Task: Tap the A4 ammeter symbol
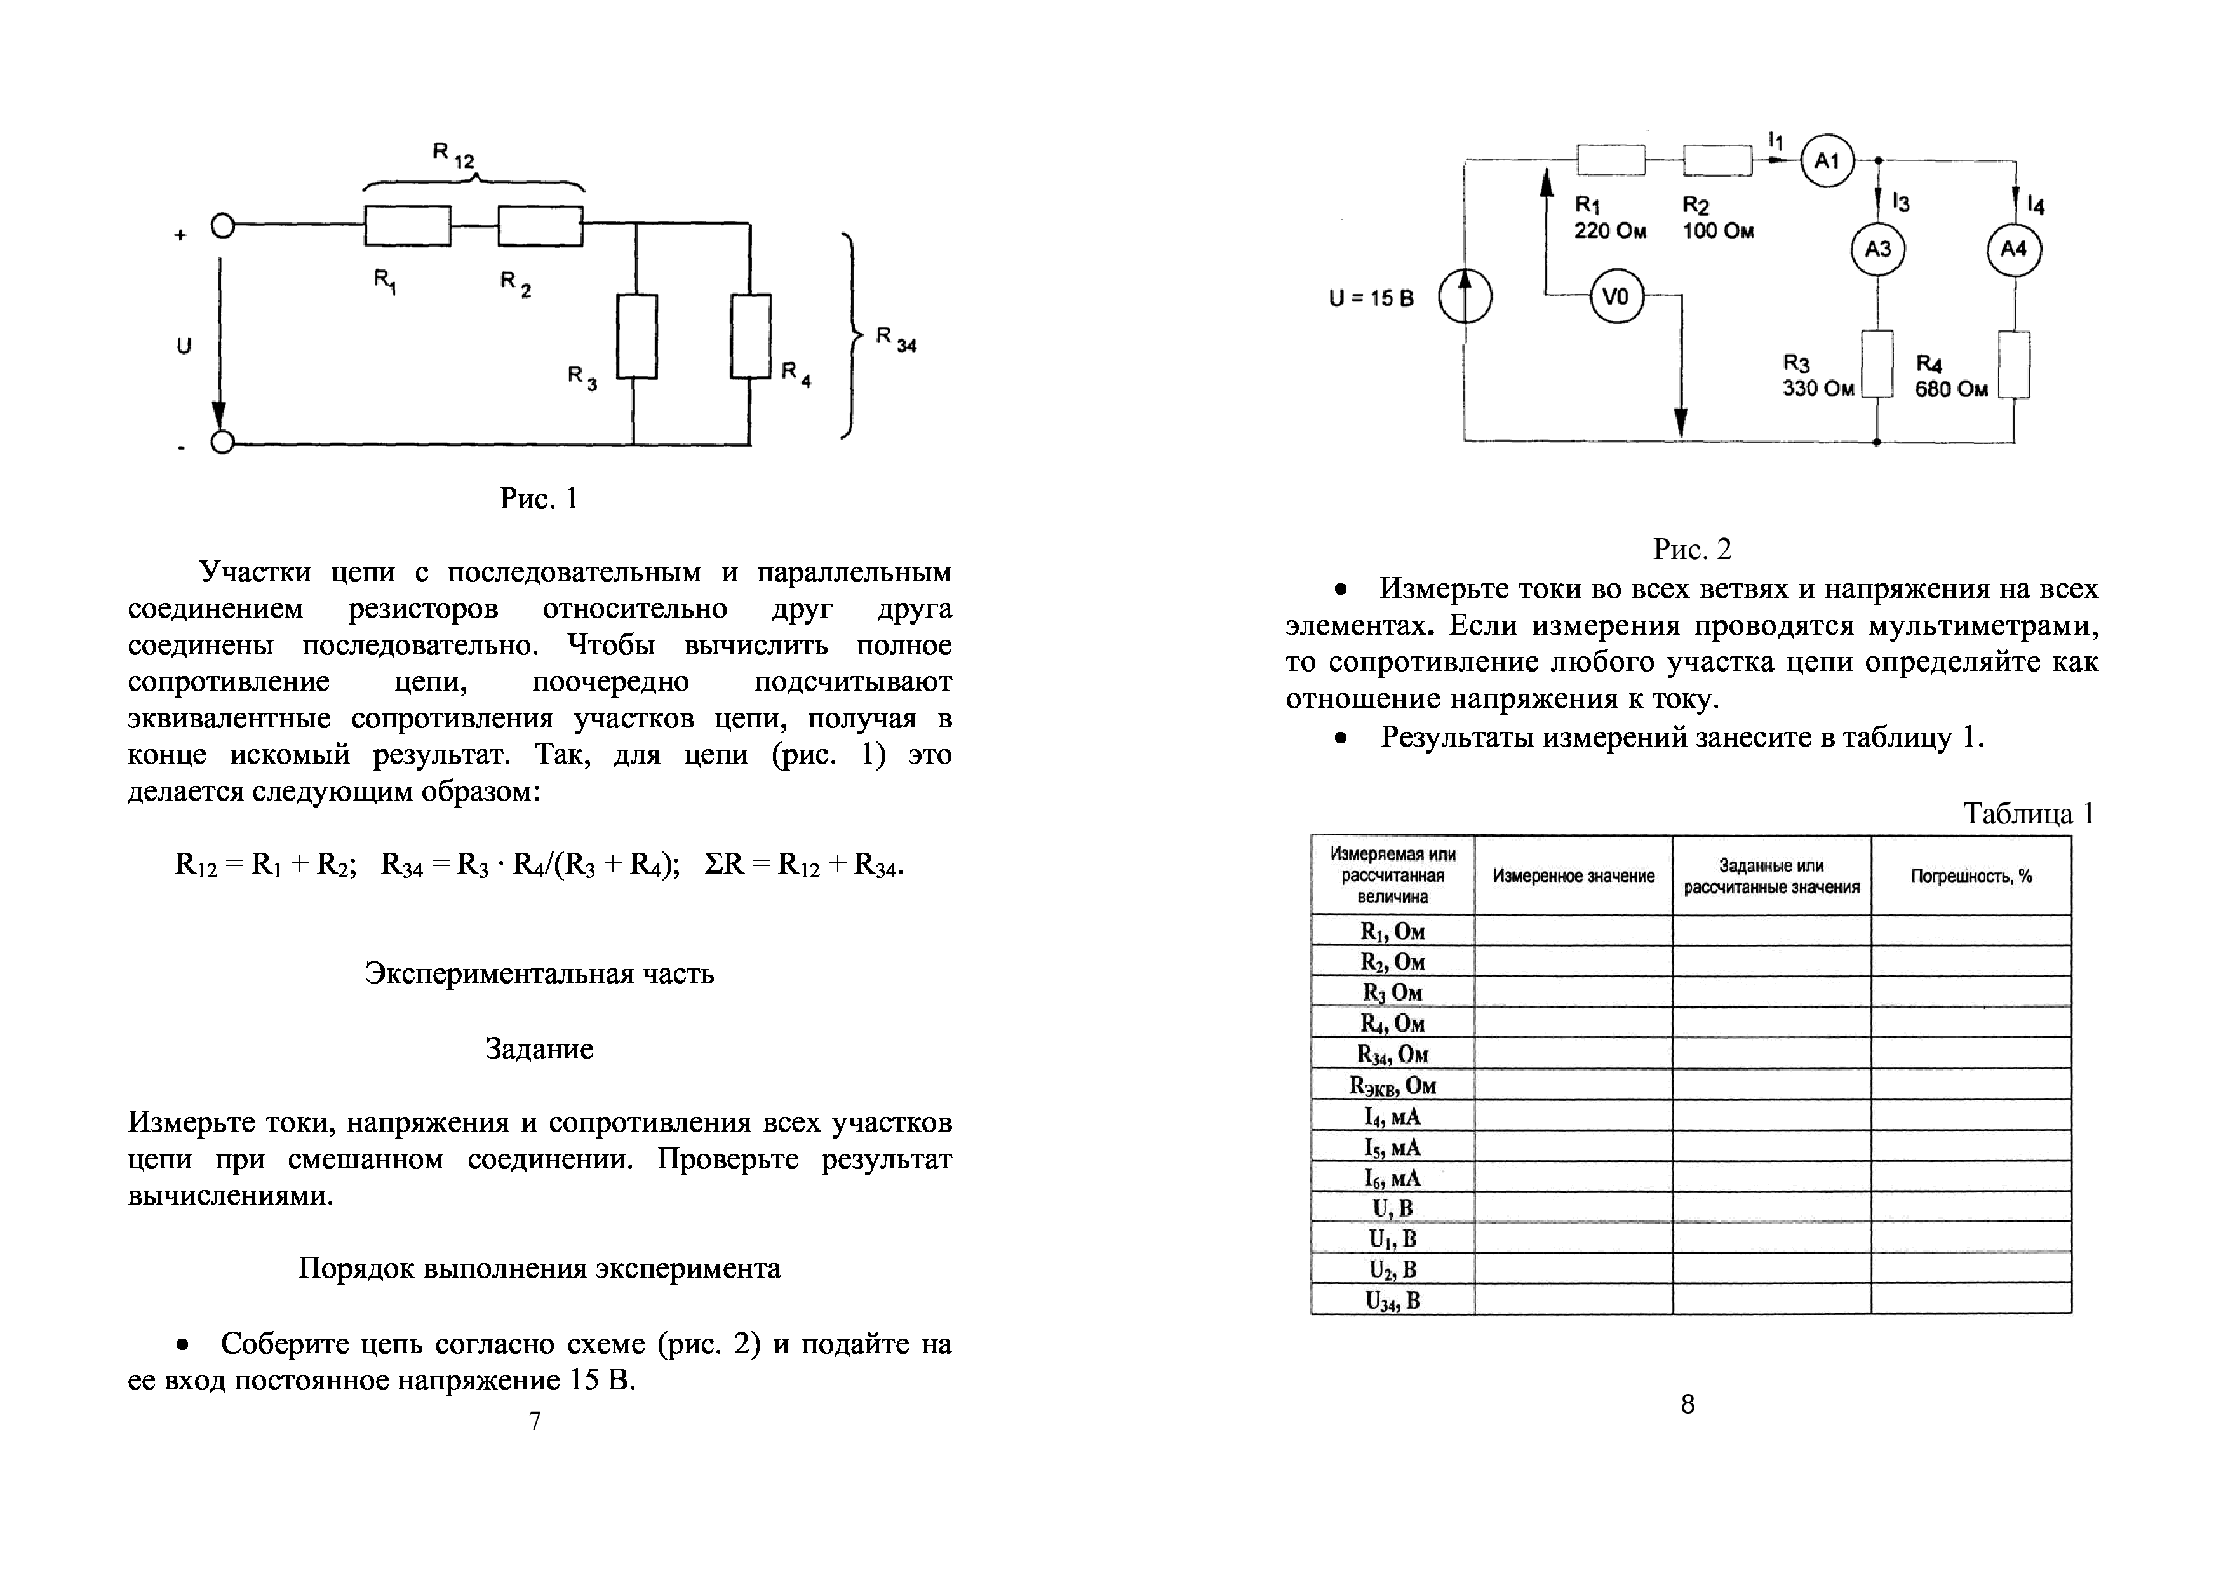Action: (x=2013, y=250)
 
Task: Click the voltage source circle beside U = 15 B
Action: (x=1465, y=297)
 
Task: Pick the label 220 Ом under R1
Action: (x=1610, y=231)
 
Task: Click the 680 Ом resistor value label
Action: (x=1950, y=389)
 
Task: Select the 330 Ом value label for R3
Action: (x=1818, y=389)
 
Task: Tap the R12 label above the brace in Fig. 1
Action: (x=453, y=155)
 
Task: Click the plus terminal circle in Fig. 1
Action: (x=222, y=227)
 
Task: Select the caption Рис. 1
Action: (x=539, y=499)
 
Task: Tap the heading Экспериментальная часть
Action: (x=539, y=973)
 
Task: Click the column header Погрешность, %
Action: (x=1971, y=876)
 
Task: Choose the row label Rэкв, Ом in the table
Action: (x=1392, y=1086)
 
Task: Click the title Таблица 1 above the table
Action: (x=2028, y=813)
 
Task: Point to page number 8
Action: (x=1688, y=1404)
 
